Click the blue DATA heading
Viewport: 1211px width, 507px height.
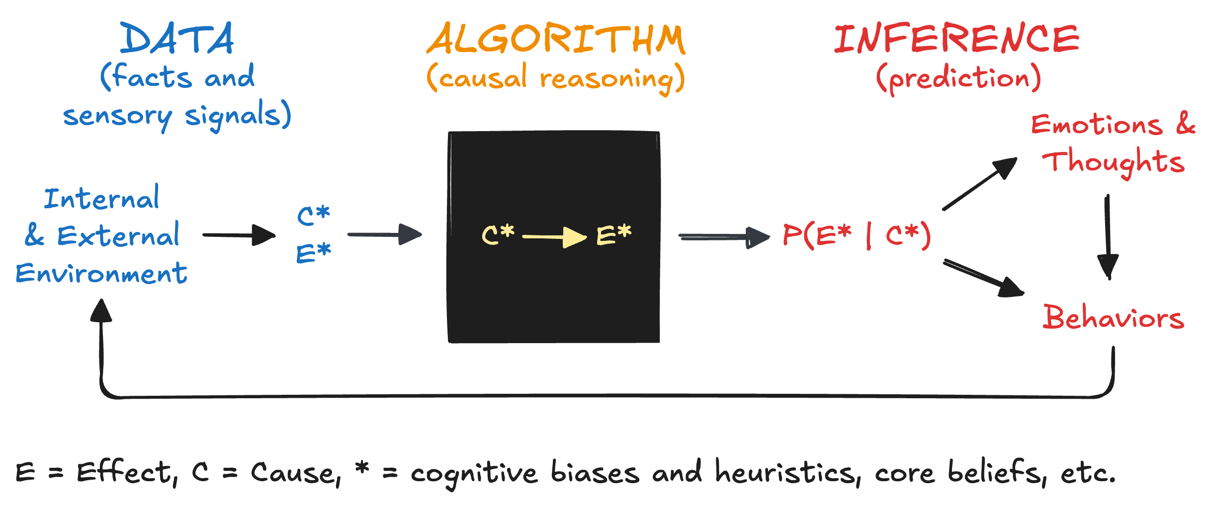click(x=177, y=39)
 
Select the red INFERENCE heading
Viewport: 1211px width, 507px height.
click(x=956, y=39)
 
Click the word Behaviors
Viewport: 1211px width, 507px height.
click(x=1114, y=318)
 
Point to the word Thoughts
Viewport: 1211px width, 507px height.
click(x=1114, y=162)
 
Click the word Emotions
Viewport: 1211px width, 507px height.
click(x=1097, y=124)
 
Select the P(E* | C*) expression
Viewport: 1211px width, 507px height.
click(x=856, y=235)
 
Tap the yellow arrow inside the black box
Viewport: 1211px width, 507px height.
click(x=554, y=237)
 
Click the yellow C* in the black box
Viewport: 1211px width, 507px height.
click(x=498, y=234)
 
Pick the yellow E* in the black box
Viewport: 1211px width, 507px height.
click(x=614, y=234)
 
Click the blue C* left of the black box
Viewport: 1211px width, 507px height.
click(x=313, y=216)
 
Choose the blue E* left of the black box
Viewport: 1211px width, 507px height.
click(x=313, y=253)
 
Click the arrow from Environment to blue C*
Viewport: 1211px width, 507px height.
click(x=239, y=235)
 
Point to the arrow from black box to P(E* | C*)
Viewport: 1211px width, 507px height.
click(x=723, y=237)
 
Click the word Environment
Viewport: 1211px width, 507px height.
click(x=101, y=274)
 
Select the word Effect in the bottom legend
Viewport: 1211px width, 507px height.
click(x=124, y=472)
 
